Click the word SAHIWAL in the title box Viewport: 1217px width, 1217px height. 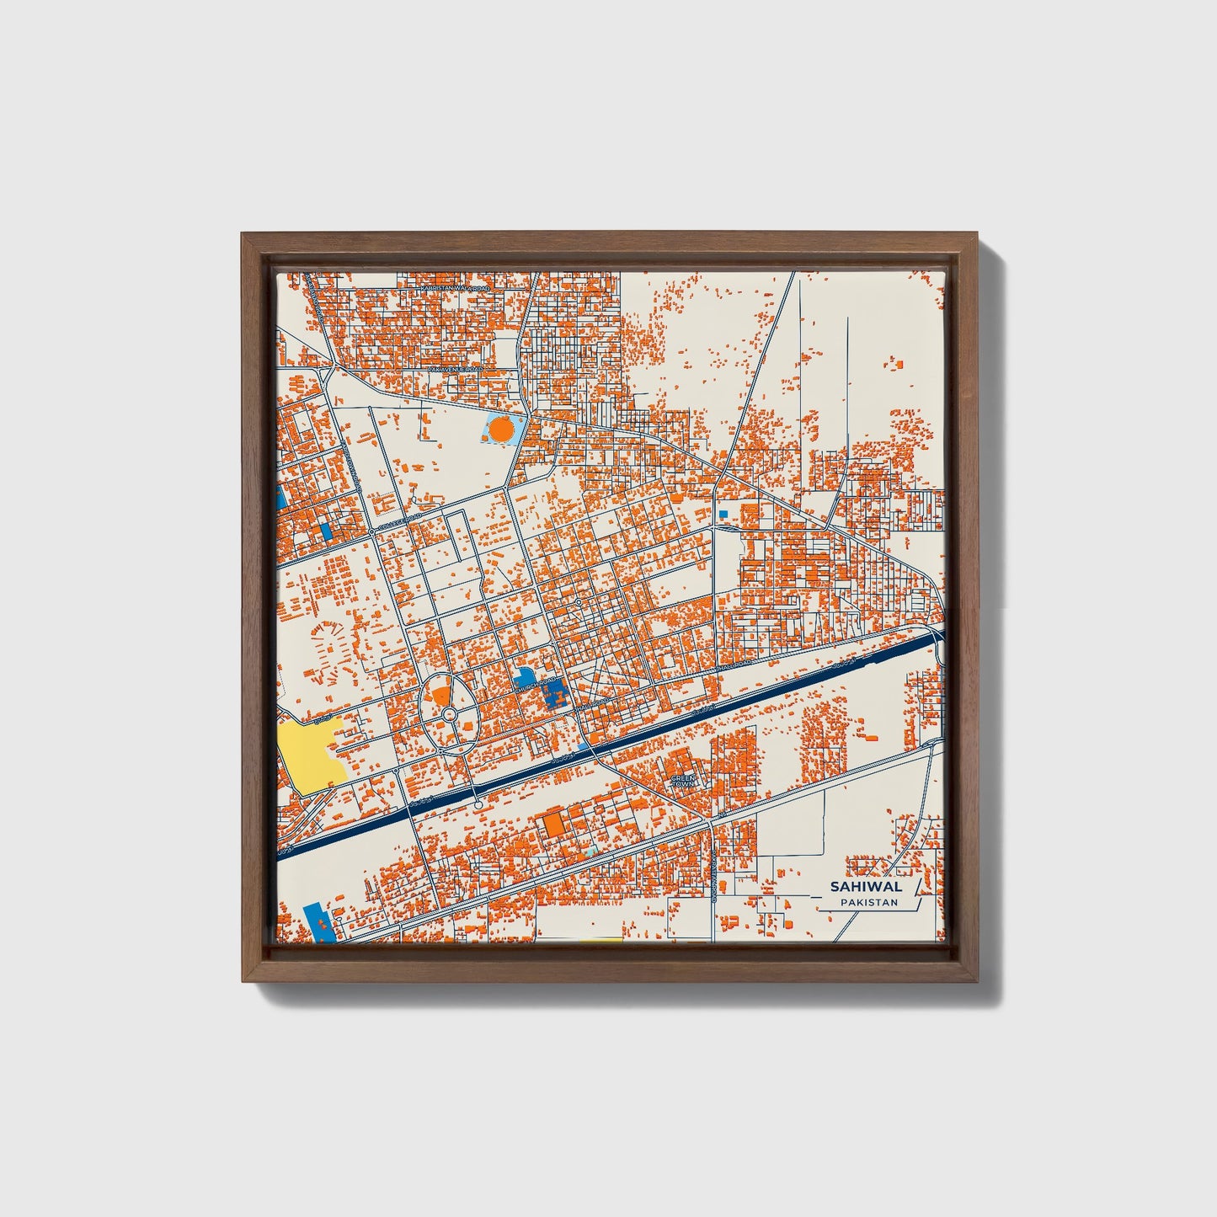click(x=866, y=886)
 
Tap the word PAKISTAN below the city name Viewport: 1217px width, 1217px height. click(x=868, y=903)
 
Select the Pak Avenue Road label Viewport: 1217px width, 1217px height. click(x=455, y=369)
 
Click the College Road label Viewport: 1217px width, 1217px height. click(x=397, y=524)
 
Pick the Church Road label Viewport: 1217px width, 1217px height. click(x=536, y=685)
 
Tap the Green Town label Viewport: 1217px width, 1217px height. click(x=683, y=781)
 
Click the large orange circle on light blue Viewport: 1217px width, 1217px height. click(x=501, y=430)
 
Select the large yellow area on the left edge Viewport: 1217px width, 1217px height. click(x=310, y=755)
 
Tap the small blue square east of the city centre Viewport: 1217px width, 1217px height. click(x=723, y=513)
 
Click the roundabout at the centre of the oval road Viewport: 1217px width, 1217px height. click(x=449, y=715)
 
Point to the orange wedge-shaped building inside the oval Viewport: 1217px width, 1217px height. click(x=440, y=697)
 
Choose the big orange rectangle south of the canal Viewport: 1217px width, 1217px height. click(x=552, y=825)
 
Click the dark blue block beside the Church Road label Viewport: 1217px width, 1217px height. click(x=554, y=695)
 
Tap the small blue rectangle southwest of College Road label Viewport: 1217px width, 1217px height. click(x=325, y=531)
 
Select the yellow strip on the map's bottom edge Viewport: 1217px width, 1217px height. click(x=597, y=940)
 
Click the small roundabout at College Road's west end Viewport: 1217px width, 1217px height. click(x=371, y=532)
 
